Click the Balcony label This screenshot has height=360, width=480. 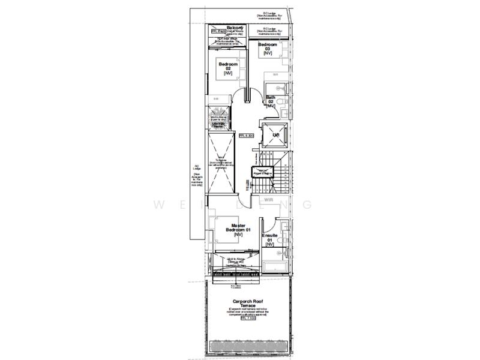235,28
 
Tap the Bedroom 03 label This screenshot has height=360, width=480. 268,49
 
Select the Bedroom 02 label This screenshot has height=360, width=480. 228,68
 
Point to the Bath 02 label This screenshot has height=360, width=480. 271,101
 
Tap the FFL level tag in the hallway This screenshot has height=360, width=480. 247,136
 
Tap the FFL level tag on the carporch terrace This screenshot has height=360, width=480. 247,319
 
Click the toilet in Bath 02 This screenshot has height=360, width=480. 284,106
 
